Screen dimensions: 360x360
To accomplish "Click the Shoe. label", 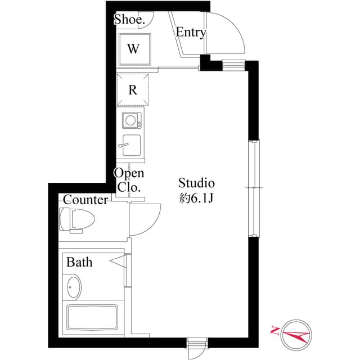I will point(130,19).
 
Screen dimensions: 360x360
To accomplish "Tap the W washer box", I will point(133,48).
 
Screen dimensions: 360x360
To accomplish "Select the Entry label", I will point(191,33).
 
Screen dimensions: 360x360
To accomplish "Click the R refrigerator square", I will point(133,89).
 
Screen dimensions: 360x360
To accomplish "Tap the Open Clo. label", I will point(130,180).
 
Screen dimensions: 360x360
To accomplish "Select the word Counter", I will point(85,200).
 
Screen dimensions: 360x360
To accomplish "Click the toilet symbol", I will point(73,219).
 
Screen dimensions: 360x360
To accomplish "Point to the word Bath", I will point(79,262).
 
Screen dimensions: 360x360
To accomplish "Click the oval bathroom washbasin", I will point(73,288).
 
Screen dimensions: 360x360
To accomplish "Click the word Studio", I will point(197,183).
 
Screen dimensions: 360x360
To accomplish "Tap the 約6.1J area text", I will point(197,198).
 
